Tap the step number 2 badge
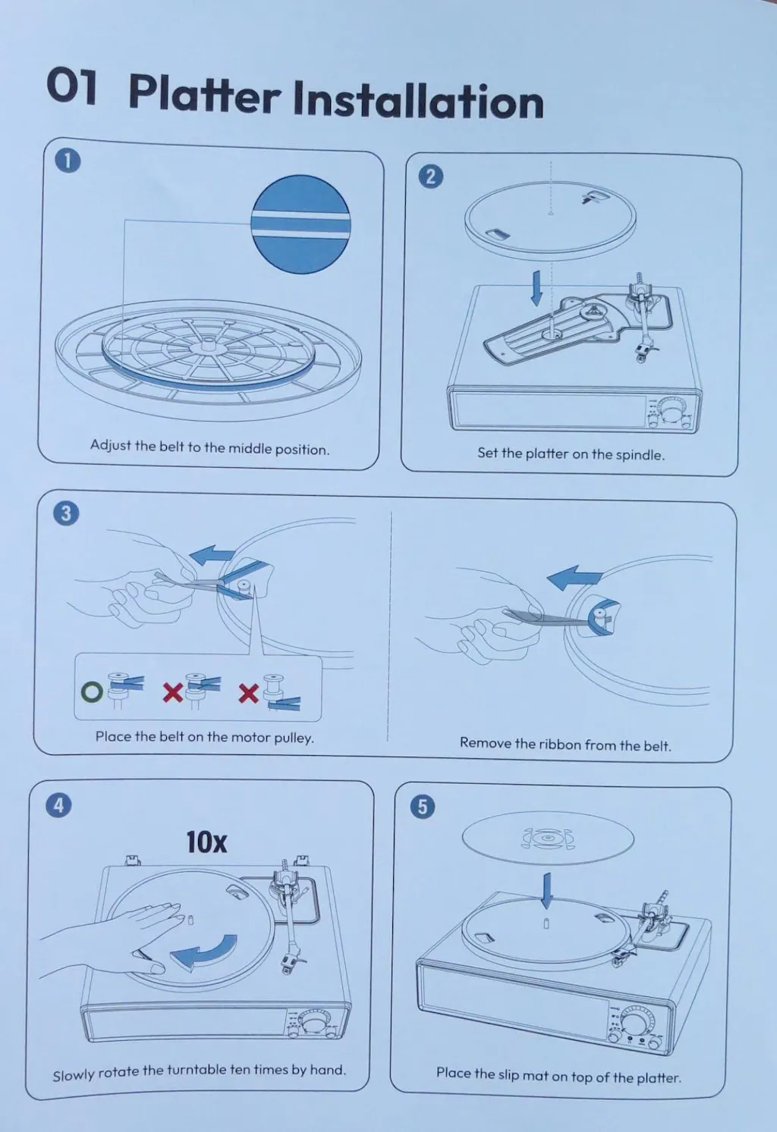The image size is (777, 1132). coord(430,177)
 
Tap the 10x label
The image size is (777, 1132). coord(206,842)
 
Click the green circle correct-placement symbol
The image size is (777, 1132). coord(92,691)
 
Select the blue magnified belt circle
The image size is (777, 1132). coord(300,224)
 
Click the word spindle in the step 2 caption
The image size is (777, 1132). coord(640,455)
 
